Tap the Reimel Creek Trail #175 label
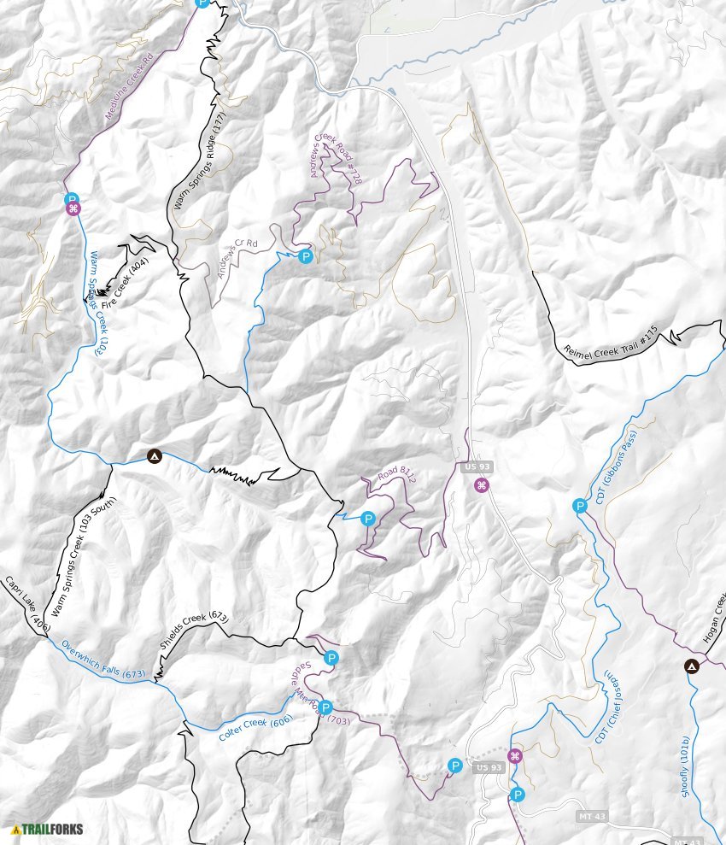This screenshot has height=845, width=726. [612, 339]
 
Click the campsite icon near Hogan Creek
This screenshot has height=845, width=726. [692, 666]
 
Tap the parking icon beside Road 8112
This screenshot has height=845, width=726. [368, 519]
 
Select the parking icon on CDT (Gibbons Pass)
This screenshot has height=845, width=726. [580, 506]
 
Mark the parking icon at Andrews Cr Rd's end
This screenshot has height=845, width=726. [306, 256]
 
